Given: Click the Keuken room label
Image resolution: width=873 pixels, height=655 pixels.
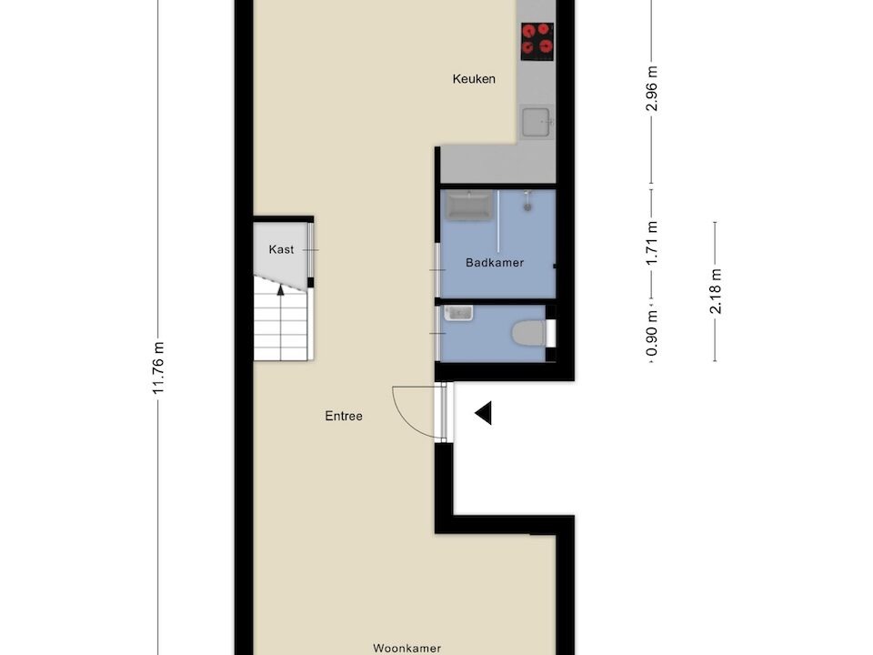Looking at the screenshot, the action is (474, 79).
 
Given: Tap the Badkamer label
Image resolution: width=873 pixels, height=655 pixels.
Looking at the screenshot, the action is (495, 262).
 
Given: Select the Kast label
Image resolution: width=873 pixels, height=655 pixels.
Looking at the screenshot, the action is (281, 249).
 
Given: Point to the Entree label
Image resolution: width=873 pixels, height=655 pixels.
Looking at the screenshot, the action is (344, 416).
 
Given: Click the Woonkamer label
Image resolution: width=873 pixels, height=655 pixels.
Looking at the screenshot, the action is (407, 649).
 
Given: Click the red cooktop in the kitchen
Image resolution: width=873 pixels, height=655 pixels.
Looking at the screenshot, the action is (537, 41).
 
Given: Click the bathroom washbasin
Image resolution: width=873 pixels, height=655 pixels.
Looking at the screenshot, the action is (470, 205).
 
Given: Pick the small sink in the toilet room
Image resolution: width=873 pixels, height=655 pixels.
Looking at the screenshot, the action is (458, 313).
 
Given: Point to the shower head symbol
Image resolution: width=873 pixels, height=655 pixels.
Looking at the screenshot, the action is (527, 201).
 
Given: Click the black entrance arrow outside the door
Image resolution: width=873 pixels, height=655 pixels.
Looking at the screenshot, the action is (483, 413).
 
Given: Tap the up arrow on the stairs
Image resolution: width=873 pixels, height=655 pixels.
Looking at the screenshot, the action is (281, 289).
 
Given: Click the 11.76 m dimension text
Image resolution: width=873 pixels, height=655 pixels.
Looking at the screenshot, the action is (158, 368).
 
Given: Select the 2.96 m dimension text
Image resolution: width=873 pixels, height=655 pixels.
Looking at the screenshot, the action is (652, 88).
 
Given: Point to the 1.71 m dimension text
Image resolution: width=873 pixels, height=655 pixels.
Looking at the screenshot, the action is (652, 243).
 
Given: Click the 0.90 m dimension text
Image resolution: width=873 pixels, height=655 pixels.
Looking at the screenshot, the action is (652, 333).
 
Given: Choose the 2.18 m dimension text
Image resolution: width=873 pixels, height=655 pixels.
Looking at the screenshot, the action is (716, 291).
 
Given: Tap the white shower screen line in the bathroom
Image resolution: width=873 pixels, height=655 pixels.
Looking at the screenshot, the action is (498, 222).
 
